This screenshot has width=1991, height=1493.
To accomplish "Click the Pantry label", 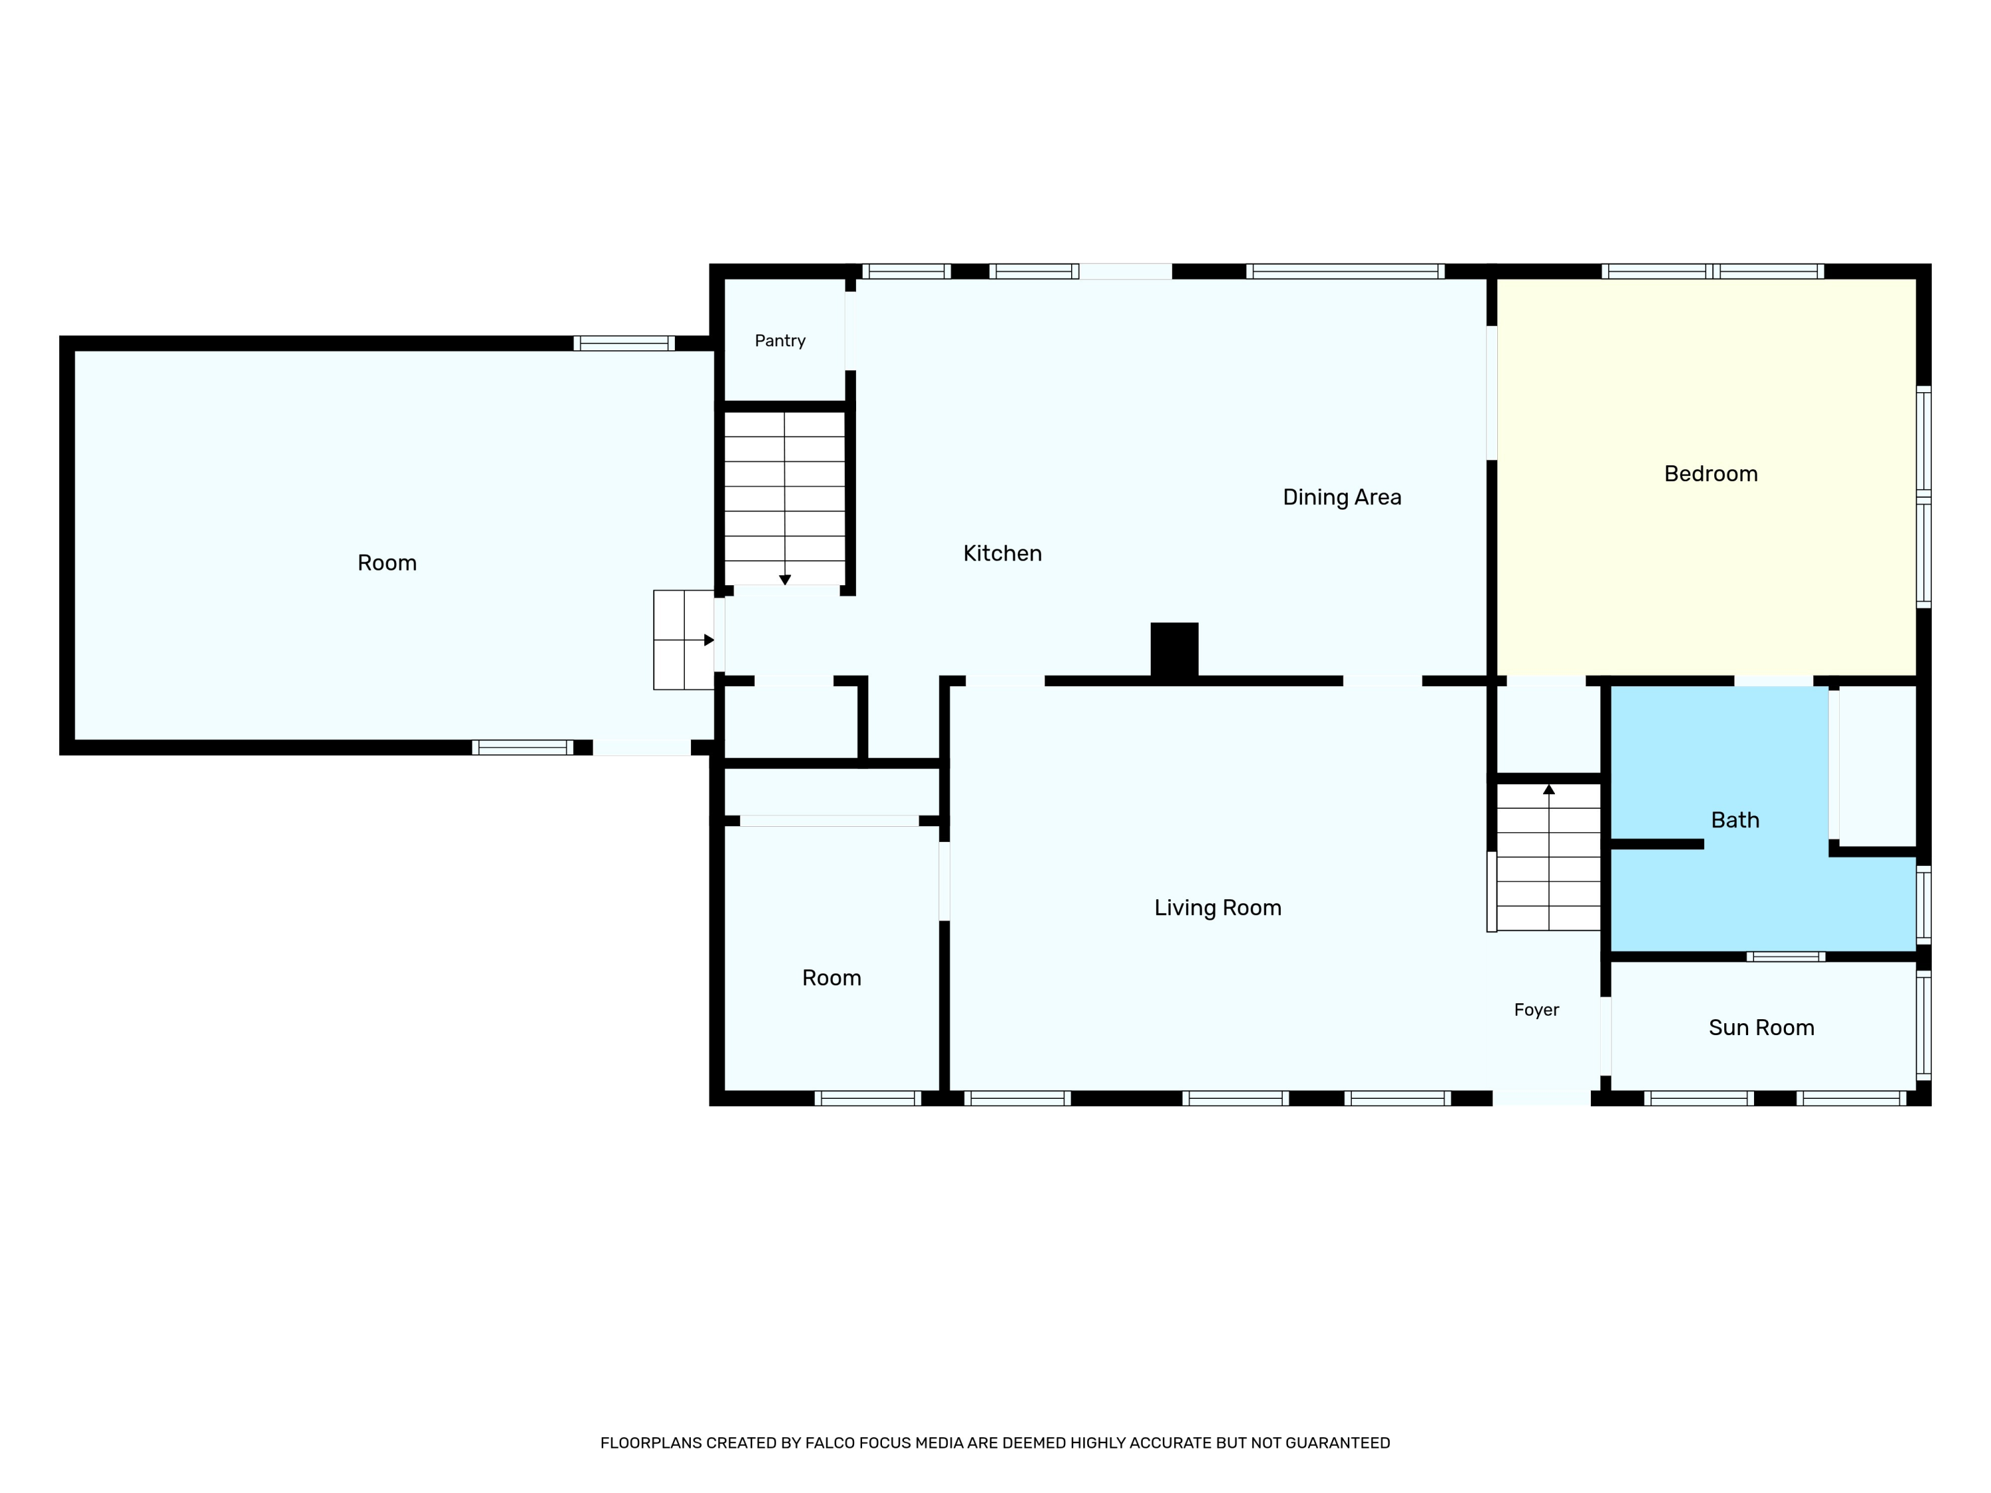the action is pos(780,341).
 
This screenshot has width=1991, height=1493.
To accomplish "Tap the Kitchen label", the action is pos(1001,553).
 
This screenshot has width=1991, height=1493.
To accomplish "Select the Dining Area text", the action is pos(1341,498).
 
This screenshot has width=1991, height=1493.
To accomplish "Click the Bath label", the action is pos(1734,820).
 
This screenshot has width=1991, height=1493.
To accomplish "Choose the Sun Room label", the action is pos(1761,1028).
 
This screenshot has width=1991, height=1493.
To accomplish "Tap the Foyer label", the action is pos(1536,1010).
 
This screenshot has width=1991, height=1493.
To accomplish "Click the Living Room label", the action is pos(1217,908).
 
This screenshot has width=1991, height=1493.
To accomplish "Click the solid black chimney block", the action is pos(1174,650).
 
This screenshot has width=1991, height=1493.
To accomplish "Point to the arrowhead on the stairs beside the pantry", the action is pos(785,579).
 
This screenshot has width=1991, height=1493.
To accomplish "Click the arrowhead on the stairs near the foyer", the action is pos(1548,789).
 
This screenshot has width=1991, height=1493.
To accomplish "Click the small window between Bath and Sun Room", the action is pos(1786,956).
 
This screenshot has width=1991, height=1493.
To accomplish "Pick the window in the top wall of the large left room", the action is pos(624,343).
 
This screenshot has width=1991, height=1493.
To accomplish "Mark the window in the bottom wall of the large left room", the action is pos(522,747).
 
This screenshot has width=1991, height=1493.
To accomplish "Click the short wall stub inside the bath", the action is pos(1656,844).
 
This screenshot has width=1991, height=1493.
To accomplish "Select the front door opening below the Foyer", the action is pos(1541,1098).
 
